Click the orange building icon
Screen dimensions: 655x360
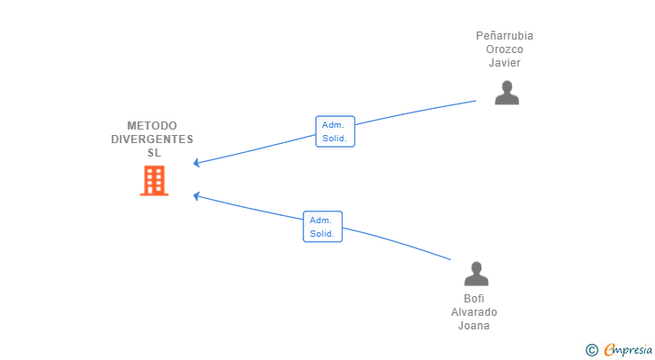pyautogui.click(x=154, y=180)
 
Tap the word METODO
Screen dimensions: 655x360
pyautogui.click(x=152, y=126)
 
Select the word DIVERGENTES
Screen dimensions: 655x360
pyautogui.click(x=152, y=139)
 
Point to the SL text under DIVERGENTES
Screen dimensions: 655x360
pyautogui.click(x=154, y=153)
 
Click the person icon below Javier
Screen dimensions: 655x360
pyautogui.click(x=507, y=93)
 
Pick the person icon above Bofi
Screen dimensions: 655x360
pyautogui.click(x=476, y=274)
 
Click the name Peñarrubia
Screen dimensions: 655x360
pyautogui.click(x=505, y=36)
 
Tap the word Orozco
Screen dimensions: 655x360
pyautogui.click(x=505, y=49)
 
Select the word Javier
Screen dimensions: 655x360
pyautogui.click(x=505, y=63)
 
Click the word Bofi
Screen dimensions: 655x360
pyautogui.click(x=474, y=299)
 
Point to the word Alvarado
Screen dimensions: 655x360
pyautogui.click(x=474, y=312)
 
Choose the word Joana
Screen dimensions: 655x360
pyautogui.click(x=474, y=325)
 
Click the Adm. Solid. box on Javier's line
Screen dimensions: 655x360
pyautogui.click(x=335, y=131)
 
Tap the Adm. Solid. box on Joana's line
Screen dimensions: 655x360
pyautogui.click(x=322, y=227)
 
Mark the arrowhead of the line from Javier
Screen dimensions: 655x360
pyautogui.click(x=194, y=163)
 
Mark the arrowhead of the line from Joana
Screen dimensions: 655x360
pyautogui.click(x=194, y=196)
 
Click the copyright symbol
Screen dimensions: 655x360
pyautogui.click(x=591, y=350)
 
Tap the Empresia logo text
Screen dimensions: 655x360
pyautogui.click(x=628, y=350)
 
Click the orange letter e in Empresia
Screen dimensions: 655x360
pyautogui.click(x=609, y=349)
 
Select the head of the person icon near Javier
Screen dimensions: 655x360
pyautogui.click(x=507, y=86)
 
